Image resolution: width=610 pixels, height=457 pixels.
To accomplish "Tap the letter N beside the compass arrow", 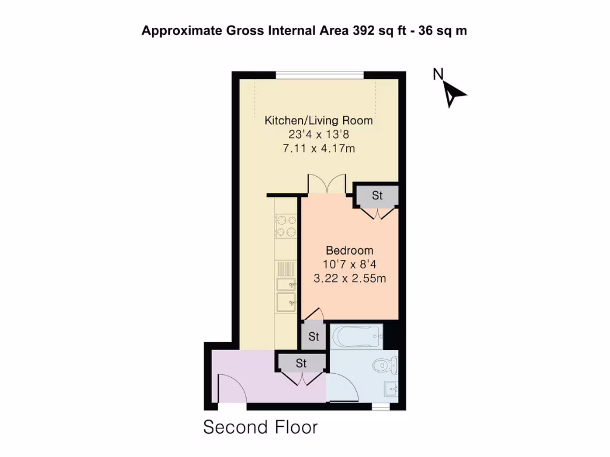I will point(438,74).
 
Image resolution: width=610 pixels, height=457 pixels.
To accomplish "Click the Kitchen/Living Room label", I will point(319,121).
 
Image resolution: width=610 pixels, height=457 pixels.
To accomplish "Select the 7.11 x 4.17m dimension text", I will point(319,148).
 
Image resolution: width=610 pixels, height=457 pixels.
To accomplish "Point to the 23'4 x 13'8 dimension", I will point(319,134).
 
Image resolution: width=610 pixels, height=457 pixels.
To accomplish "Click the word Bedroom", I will point(349,251).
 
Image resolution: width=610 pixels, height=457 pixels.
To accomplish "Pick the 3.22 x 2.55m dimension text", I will point(349,278).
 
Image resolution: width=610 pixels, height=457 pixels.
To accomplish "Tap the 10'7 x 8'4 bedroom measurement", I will point(349,264).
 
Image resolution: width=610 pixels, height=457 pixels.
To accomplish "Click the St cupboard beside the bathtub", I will point(313,337).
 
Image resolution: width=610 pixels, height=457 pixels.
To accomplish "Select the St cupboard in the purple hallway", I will point(301,363).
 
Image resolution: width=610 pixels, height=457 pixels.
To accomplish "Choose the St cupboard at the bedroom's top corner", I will point(376,196).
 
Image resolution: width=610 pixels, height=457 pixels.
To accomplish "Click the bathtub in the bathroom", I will point(356,337).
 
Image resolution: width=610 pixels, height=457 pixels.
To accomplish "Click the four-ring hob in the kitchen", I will point(286,226).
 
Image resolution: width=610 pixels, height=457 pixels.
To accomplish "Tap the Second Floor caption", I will point(260,427).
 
